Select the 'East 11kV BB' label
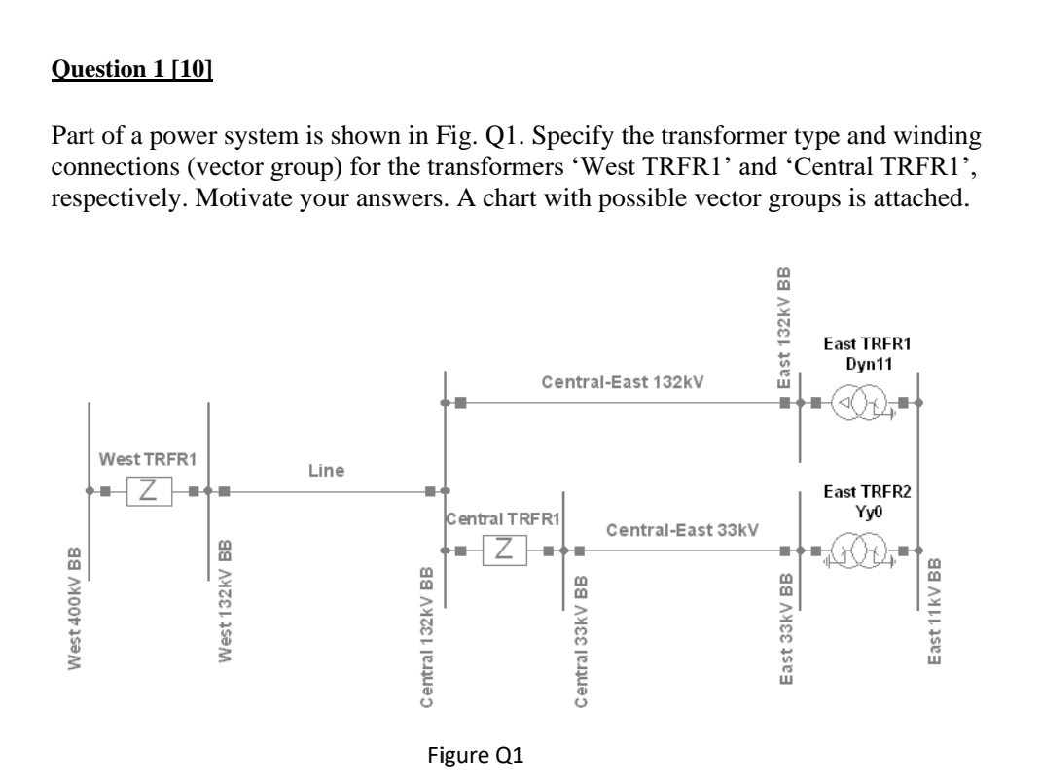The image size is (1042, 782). pos(936,612)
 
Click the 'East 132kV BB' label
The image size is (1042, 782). pos(784,328)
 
